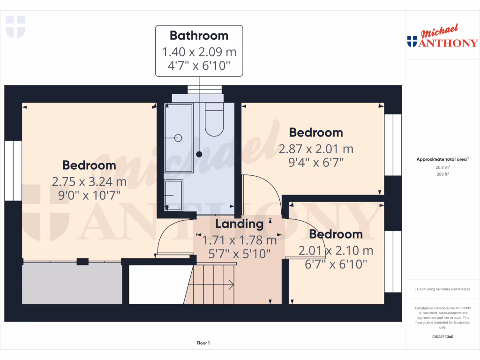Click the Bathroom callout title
(199, 36)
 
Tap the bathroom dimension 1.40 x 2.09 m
(199, 51)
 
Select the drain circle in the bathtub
(178, 138)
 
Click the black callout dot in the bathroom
(199, 154)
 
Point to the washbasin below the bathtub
(174, 194)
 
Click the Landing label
(239, 224)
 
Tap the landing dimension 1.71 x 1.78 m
(239, 241)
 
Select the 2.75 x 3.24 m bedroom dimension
(89, 181)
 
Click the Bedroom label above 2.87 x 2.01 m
(315, 133)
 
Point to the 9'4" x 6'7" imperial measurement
(315, 163)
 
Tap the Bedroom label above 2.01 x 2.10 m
(336, 234)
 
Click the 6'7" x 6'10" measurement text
(336, 264)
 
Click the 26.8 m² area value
(442, 167)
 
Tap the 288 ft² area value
(442, 174)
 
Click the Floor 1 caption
(203, 343)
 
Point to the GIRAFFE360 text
(442, 337)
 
